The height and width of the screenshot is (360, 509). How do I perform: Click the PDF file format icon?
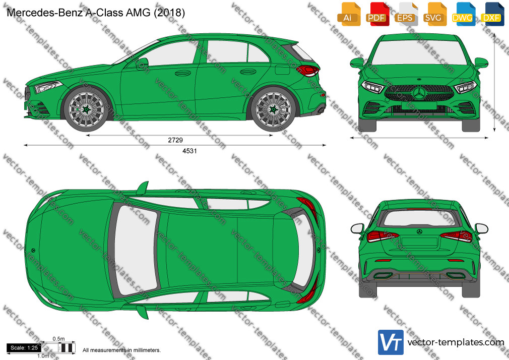tap(377, 14)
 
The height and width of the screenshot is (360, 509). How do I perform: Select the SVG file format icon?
tap(434, 14)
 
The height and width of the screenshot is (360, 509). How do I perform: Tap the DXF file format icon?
tap(492, 14)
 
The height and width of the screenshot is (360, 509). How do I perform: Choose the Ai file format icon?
tap(349, 14)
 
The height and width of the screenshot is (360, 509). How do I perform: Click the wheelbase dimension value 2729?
tap(175, 140)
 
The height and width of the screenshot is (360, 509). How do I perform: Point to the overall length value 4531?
tap(189, 151)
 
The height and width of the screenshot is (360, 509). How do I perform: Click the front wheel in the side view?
tap(86, 109)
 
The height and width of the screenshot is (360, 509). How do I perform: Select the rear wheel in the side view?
tap(273, 109)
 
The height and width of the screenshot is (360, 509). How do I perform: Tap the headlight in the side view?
tap(48, 87)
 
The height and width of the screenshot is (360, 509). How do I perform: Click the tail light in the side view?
tap(308, 70)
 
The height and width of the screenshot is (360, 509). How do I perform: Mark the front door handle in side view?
tap(183, 73)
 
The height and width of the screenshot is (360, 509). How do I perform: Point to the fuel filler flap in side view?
tap(282, 70)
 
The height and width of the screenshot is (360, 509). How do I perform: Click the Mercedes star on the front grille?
tap(419, 93)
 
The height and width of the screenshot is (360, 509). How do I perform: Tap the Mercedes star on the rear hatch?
tap(419, 231)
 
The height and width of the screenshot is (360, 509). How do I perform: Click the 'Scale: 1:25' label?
tap(24, 348)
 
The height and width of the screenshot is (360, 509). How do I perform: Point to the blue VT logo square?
tap(391, 342)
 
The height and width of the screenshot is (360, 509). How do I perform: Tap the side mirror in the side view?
tap(143, 63)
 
